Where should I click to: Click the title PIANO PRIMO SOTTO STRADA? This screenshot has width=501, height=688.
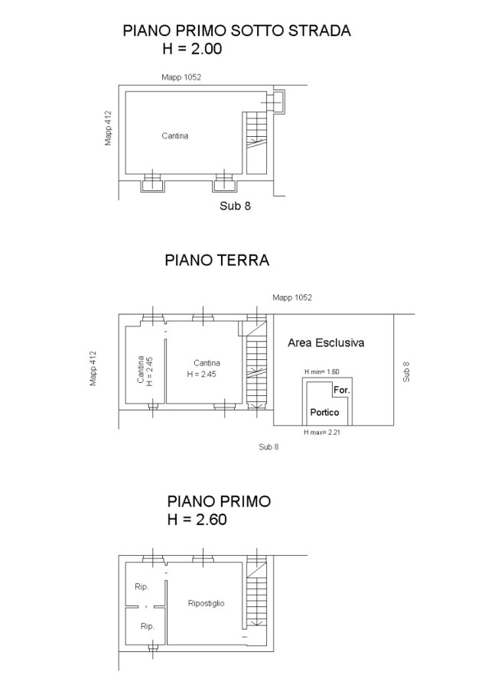[x=236, y=31]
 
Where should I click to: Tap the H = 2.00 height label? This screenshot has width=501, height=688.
[x=192, y=48]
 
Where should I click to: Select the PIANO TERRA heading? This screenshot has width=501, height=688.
[x=217, y=260]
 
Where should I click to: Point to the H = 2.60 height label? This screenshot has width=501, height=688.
[x=197, y=520]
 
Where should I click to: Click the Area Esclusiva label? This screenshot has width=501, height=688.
[x=326, y=342]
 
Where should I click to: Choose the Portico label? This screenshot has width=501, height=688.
[x=324, y=413]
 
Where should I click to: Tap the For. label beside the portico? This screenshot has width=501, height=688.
[x=342, y=390]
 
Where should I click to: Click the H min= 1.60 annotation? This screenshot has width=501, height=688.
[x=322, y=372]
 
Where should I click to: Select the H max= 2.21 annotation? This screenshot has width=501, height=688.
[x=322, y=432]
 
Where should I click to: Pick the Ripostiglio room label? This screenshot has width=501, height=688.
[x=206, y=603]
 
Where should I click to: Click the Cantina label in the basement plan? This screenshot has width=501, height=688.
[x=174, y=135]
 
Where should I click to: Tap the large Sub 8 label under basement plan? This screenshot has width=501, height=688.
[x=235, y=206]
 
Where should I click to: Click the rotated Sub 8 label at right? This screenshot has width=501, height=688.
[x=406, y=372]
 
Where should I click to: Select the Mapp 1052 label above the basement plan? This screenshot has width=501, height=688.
[x=181, y=77]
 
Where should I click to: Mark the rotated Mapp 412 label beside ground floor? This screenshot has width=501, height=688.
[x=93, y=368]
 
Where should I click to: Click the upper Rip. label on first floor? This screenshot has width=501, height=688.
[x=142, y=586]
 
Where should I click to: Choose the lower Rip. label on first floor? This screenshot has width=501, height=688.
[x=148, y=626]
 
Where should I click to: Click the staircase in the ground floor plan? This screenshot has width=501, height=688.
[x=256, y=364]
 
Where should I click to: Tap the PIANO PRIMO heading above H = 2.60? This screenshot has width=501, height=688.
[x=219, y=501]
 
